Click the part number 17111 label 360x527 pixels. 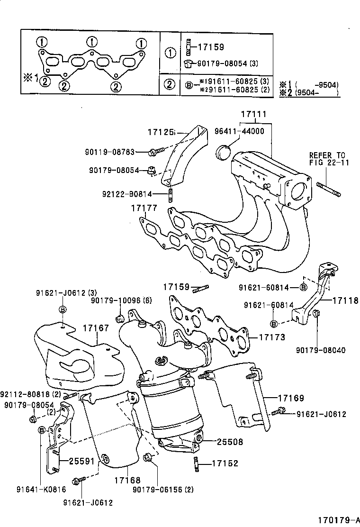253,115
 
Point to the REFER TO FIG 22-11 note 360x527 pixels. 327,159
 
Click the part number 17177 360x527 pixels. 144,207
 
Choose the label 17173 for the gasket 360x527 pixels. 272,337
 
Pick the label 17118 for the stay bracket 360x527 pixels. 345,300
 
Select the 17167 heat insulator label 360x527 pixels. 96,327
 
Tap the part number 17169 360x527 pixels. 291,399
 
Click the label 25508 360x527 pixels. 230,442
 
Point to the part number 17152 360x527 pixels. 225,463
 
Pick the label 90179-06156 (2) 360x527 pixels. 163,489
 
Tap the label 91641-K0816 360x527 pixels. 40,489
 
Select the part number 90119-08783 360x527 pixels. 110,152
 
